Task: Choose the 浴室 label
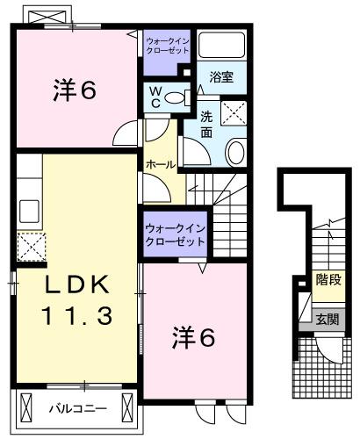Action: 221,77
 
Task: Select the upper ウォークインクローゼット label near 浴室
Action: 168,46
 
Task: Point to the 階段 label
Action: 328,281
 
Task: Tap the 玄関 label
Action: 328,319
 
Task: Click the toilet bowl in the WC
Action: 175,97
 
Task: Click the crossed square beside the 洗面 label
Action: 234,112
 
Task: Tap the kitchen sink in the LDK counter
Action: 29,212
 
